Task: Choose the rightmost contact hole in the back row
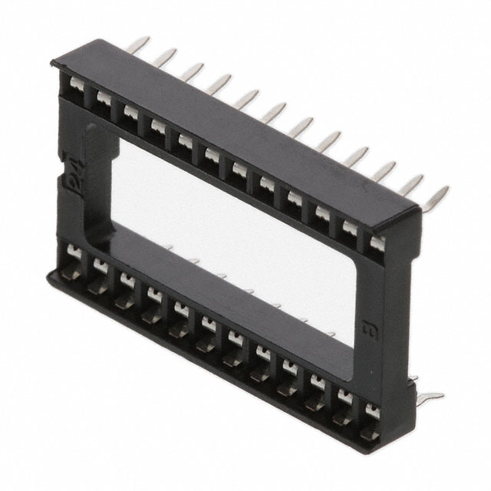point(376,244)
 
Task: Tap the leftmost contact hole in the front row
point(74,254)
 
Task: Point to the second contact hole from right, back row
point(349,231)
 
